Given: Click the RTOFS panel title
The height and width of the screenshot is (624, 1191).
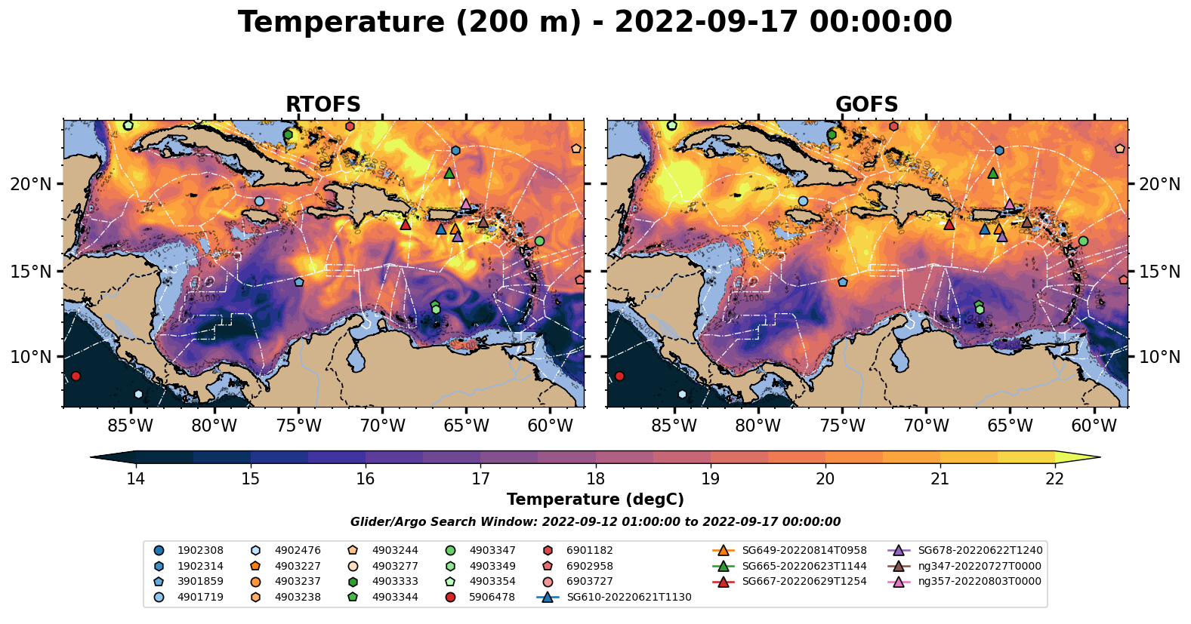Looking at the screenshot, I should point(322,105).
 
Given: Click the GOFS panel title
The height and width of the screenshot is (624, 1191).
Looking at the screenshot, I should point(866,105).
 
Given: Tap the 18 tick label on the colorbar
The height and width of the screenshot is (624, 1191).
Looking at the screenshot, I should point(595,479).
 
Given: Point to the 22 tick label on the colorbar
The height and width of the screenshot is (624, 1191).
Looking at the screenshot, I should point(1054,479).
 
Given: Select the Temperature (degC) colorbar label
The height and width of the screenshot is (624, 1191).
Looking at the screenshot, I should point(595,500).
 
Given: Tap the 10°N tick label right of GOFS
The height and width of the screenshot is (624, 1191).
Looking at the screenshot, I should point(1159,357).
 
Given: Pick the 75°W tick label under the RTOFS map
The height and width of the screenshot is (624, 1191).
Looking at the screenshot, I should point(298,426).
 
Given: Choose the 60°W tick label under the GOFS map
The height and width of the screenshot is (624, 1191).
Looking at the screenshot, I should point(1094,426).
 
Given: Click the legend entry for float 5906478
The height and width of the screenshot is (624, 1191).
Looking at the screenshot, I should point(492,597).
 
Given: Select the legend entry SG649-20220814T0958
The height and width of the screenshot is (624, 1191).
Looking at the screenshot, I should point(804,551).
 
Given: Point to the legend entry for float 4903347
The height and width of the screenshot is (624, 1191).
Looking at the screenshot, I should point(492,551).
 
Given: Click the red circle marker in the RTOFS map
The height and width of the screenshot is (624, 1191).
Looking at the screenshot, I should point(76,376).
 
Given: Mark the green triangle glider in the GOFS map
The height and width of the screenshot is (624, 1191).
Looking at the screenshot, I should point(993,174).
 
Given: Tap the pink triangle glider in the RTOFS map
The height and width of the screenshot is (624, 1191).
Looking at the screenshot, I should point(466,204).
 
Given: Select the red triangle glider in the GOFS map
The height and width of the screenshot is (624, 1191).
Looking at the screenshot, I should point(949,224).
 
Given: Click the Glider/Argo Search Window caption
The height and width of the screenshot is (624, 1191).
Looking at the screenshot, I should point(595,522).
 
